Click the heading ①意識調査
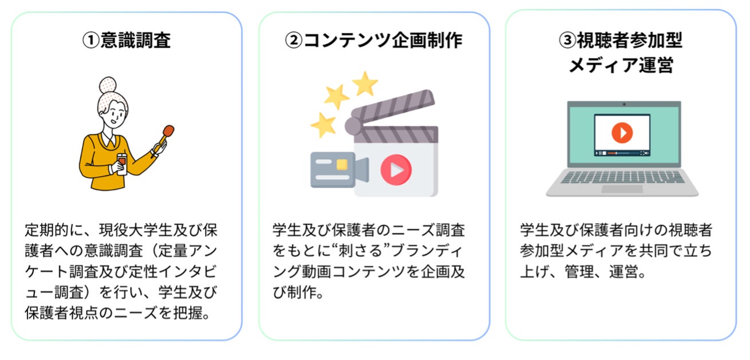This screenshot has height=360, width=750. coord(127,40)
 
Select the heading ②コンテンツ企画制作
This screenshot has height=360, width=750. coord(374,40)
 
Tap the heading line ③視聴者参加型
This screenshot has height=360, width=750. coord(621,40)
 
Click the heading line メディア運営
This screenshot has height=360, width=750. coord(621,65)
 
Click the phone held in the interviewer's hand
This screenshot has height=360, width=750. coord(122,160)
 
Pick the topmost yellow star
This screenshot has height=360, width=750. coord(365,84)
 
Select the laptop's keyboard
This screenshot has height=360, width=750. coord(622,177)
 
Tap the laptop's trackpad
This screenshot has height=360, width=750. coord(622,188)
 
